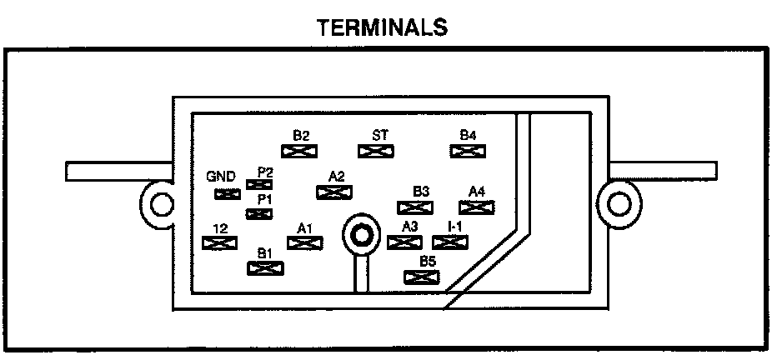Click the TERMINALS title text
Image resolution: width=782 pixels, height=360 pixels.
coord(383,27)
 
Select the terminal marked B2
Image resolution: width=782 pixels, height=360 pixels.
coord(301,151)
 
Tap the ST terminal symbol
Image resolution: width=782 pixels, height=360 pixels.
coord(375,151)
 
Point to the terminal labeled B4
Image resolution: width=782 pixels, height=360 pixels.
coord(468,151)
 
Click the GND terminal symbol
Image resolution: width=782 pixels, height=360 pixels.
coord(227,194)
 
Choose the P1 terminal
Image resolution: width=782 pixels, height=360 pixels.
coord(260,214)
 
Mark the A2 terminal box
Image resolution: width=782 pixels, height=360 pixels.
coord(333,192)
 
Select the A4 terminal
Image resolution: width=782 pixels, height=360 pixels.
coord(478,207)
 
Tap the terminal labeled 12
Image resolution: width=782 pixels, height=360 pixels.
coord(218,243)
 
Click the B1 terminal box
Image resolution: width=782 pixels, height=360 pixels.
coord(265,267)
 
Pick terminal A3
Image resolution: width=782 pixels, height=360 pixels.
coord(405,242)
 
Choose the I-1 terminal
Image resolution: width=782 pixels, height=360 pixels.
coord(451,242)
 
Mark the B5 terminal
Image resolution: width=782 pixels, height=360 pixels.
coord(421,277)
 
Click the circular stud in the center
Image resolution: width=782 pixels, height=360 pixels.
coord(361,235)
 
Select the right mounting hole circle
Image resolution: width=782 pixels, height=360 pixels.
coord(619,203)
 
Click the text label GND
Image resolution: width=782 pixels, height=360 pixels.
coord(221,177)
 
